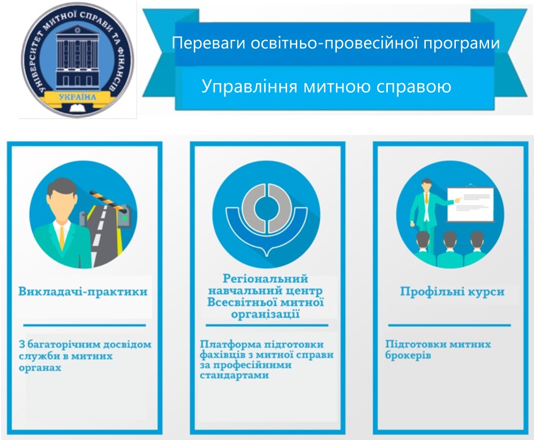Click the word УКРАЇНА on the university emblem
coord(78,97)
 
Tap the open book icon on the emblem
coord(78,108)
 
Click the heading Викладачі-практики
coord(83,292)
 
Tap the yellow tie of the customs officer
coord(62,236)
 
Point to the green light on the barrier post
coord(125,218)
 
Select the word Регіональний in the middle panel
coord(265,279)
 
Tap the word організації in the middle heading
coord(265,314)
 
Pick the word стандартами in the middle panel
coord(234,375)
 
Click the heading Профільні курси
coord(452,292)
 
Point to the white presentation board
coord(470,205)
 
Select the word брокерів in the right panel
coord(408,355)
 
